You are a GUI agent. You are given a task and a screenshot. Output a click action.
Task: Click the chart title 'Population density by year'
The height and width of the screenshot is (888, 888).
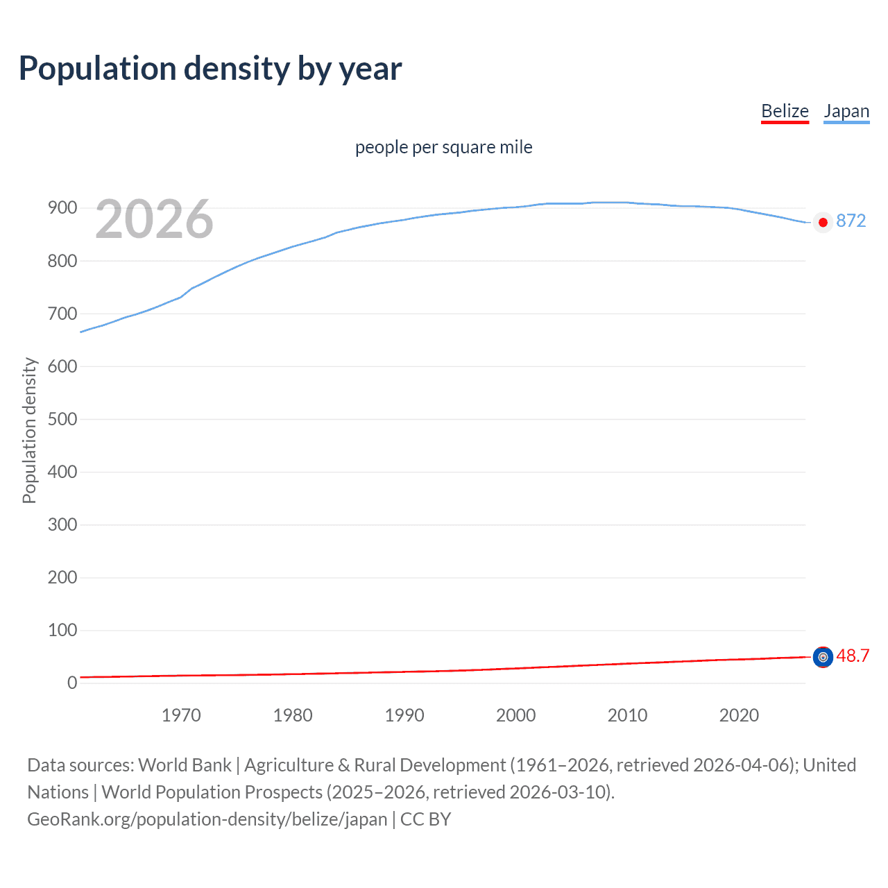(x=210, y=69)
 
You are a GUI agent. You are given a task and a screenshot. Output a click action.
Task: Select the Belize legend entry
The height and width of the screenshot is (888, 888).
(x=785, y=111)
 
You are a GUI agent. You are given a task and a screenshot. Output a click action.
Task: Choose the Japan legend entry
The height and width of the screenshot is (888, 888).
(x=846, y=111)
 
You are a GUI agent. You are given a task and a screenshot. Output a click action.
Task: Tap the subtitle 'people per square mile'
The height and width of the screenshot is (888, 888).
(x=443, y=147)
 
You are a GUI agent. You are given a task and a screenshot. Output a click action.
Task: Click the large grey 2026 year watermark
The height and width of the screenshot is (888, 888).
(x=154, y=219)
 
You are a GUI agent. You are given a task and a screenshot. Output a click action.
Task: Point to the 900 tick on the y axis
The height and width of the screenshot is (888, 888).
(x=62, y=208)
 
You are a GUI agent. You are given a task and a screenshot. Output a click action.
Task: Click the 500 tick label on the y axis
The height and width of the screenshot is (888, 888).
(x=62, y=419)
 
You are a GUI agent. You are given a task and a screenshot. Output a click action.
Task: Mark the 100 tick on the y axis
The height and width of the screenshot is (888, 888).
(x=62, y=630)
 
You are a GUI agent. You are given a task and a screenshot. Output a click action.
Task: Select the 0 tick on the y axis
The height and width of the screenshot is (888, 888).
(x=71, y=683)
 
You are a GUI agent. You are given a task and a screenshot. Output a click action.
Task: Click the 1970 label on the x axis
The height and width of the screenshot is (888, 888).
(x=181, y=715)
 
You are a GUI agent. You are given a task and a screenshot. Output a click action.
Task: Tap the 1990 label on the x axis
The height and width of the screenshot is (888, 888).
(x=404, y=715)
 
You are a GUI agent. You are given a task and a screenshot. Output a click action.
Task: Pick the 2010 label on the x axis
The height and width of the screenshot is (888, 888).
(x=627, y=715)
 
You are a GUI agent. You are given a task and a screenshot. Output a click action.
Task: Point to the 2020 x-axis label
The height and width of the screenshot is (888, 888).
(x=739, y=715)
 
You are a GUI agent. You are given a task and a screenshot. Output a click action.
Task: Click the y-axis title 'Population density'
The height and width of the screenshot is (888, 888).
(x=29, y=430)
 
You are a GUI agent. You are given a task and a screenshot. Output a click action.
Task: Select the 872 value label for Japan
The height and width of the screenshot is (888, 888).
(x=851, y=221)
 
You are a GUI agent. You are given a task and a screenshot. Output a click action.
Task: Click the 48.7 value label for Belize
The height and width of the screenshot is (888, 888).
(x=853, y=656)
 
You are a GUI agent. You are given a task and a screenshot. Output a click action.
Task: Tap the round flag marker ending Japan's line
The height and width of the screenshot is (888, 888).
(x=823, y=223)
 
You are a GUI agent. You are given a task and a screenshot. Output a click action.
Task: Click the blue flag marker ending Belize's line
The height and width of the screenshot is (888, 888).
(x=823, y=657)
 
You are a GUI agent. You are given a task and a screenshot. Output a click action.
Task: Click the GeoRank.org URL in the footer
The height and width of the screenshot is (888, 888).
(x=207, y=819)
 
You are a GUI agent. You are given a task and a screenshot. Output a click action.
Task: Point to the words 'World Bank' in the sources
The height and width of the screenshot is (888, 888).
(x=185, y=765)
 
